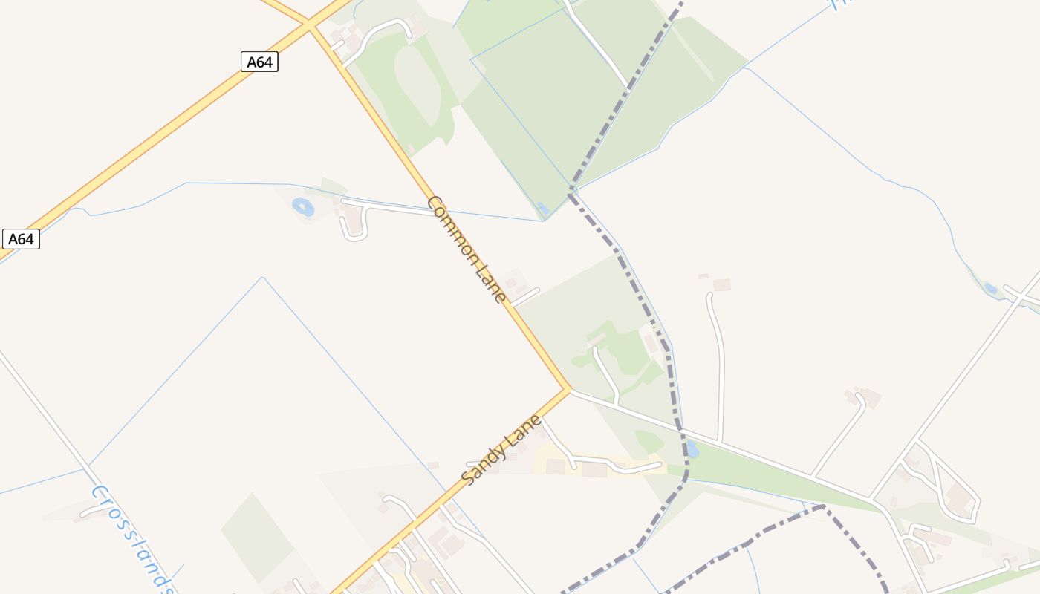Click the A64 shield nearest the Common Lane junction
coord(259,62)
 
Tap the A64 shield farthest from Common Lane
coord(21,239)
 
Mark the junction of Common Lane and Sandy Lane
coord(568,388)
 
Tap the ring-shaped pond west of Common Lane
coord(303,207)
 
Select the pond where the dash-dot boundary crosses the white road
coord(692,448)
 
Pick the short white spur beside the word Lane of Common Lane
coord(525,296)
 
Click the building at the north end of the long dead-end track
coord(721,284)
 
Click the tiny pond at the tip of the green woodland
coord(542,209)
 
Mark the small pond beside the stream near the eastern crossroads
coord(990,288)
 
